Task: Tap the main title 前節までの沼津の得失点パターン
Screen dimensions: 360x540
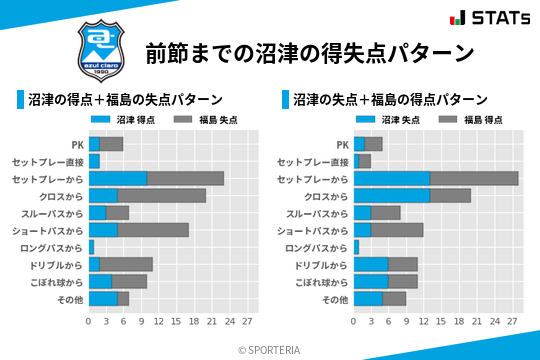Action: (308, 53)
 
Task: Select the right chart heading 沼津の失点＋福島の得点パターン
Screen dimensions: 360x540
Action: (390, 100)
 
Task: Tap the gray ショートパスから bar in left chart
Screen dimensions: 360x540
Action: (153, 230)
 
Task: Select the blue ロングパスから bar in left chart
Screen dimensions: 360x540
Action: (91, 247)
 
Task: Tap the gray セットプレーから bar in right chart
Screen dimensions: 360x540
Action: (474, 178)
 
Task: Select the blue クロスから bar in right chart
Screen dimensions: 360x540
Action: (392, 195)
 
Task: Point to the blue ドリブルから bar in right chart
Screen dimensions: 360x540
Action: (371, 264)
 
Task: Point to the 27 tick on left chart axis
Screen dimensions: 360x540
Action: (247, 322)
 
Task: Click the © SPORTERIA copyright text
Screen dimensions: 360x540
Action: (270, 349)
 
